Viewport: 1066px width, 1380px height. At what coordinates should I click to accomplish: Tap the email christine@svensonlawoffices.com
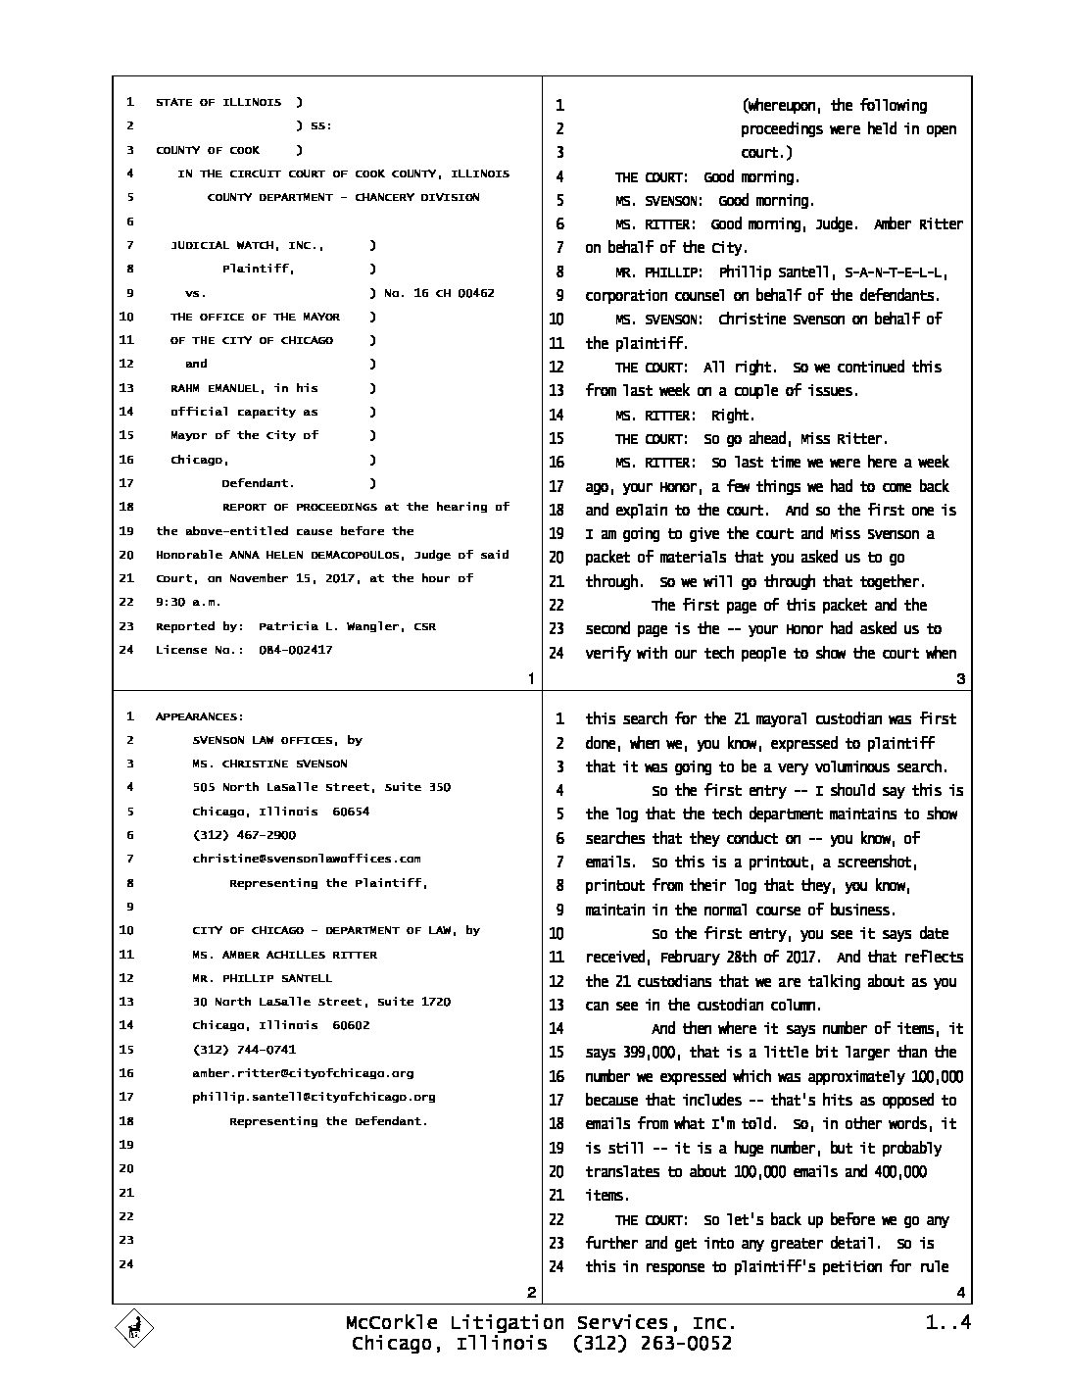click(307, 859)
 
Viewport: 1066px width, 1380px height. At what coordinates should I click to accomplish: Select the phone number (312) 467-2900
click(244, 835)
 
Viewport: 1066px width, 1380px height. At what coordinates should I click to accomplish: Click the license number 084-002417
click(295, 650)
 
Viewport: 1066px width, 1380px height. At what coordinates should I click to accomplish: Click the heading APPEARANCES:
click(200, 716)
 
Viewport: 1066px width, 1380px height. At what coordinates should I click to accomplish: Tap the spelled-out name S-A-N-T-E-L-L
click(893, 271)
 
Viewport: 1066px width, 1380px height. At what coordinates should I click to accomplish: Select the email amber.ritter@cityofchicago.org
click(303, 1073)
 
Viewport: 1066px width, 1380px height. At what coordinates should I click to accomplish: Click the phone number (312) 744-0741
click(244, 1050)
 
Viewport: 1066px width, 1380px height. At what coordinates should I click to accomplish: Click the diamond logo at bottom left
click(135, 1329)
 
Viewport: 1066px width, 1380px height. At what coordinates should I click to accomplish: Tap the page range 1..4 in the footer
click(947, 1323)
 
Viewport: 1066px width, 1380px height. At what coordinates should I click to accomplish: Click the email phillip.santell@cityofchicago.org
click(314, 1097)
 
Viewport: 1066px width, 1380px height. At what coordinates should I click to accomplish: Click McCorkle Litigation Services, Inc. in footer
click(541, 1323)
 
